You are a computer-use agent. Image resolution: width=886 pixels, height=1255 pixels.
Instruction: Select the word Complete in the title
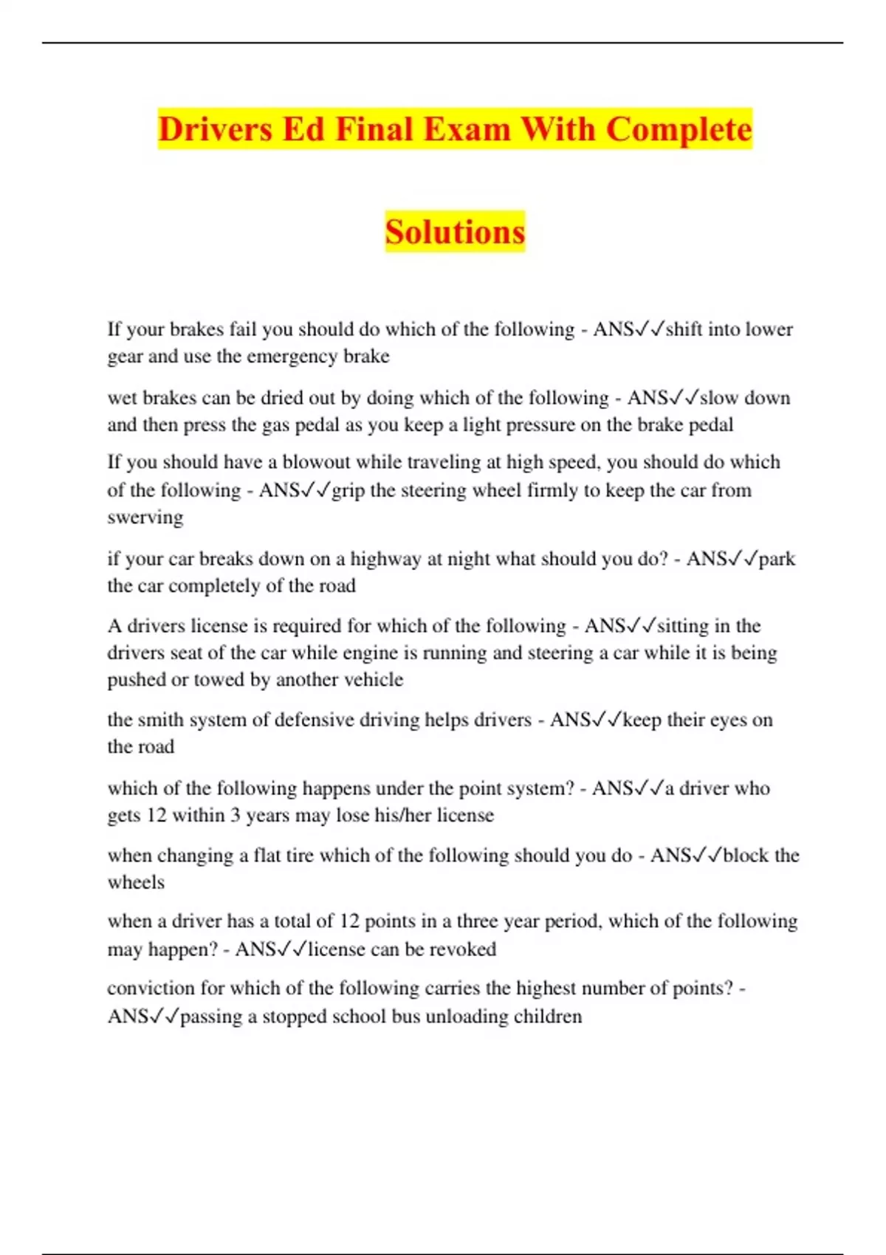tap(679, 129)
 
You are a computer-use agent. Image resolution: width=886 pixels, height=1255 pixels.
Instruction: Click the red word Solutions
tap(455, 232)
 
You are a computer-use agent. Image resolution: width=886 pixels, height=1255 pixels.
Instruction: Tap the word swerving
tap(145, 517)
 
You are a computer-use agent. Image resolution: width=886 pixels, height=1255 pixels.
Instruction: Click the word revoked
tap(463, 949)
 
